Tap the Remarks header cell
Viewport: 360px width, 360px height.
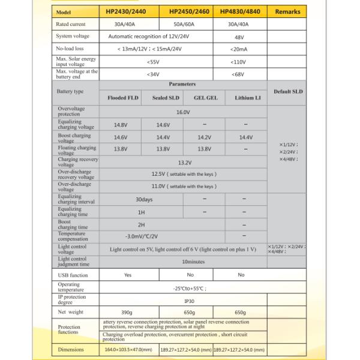click(287, 11)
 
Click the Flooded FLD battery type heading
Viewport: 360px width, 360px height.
click(123, 97)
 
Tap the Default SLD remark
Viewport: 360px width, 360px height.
click(287, 91)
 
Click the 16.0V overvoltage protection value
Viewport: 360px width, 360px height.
click(183, 112)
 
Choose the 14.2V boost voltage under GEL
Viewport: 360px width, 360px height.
click(205, 137)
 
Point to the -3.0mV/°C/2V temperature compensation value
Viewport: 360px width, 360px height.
click(142, 236)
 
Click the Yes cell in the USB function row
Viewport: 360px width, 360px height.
click(128, 275)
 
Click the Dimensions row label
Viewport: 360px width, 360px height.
click(71, 349)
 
